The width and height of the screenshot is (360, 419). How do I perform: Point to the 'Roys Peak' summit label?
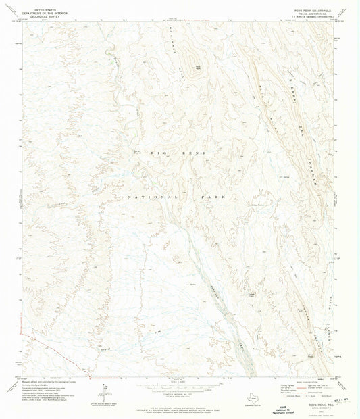tap(198, 66)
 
